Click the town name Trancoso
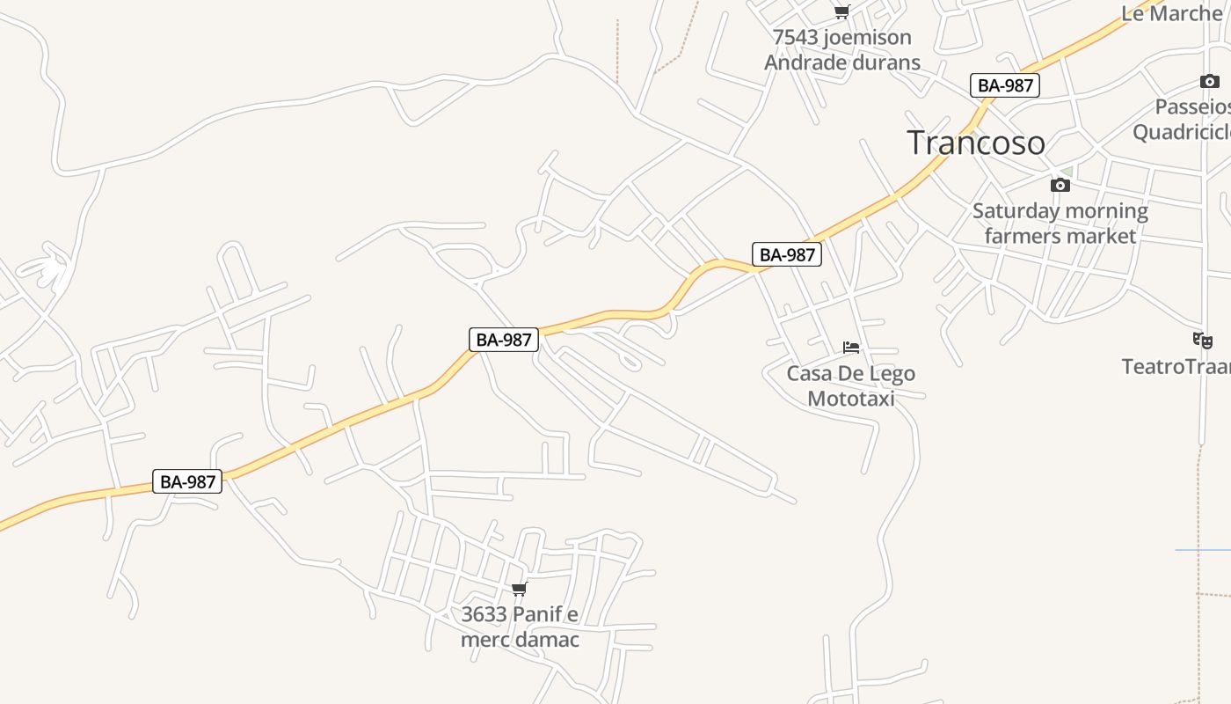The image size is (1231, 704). (x=976, y=143)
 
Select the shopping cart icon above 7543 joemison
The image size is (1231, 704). (x=841, y=12)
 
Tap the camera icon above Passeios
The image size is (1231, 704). (x=1210, y=82)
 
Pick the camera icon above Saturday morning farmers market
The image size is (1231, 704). (x=1060, y=185)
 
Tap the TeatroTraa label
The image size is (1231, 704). (x=1176, y=366)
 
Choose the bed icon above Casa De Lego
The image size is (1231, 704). (x=851, y=348)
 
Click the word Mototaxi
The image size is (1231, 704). (x=850, y=399)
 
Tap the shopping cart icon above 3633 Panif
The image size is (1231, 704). (x=520, y=589)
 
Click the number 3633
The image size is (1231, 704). (x=484, y=614)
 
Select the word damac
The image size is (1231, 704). (x=546, y=640)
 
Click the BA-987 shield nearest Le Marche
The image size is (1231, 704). (x=1006, y=85)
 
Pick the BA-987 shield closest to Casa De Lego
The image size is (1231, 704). (x=787, y=255)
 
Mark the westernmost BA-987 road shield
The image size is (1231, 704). (x=187, y=481)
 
